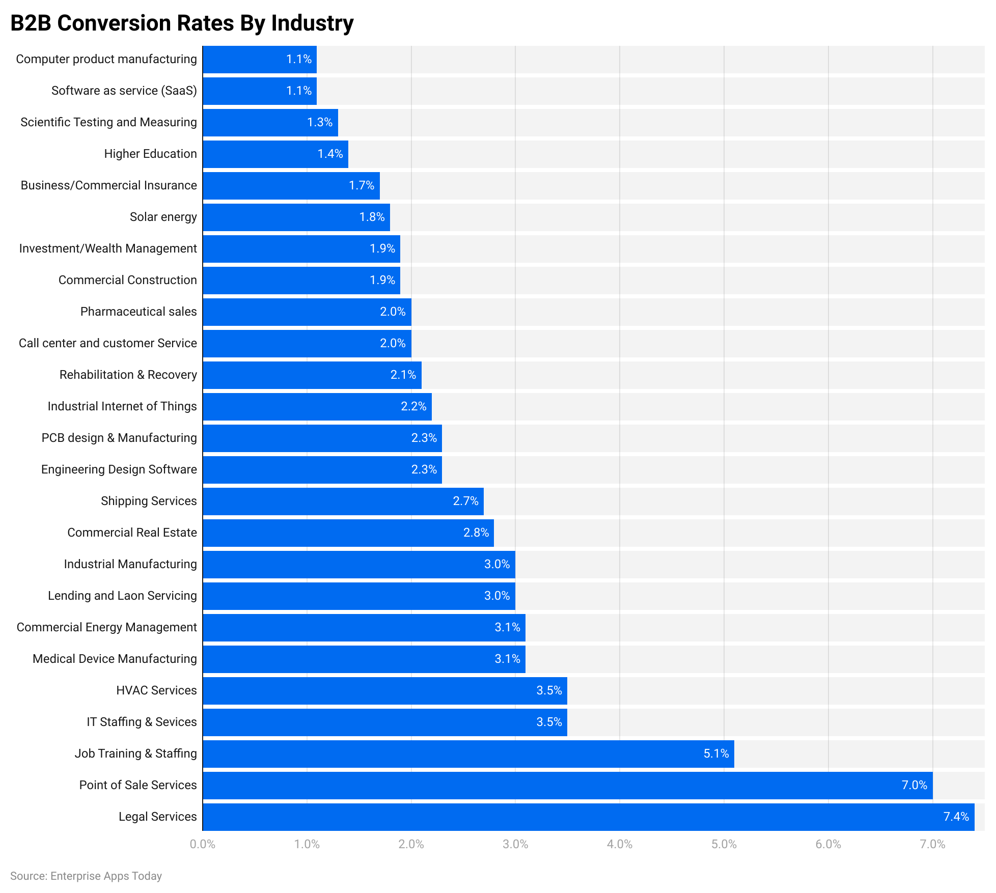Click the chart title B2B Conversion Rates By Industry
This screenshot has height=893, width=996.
pos(182,23)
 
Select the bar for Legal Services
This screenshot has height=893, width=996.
pos(588,817)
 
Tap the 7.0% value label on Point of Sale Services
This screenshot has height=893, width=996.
pos(914,785)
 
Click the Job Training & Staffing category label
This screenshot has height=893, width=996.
pos(135,754)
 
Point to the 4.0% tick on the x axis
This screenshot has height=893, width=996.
pos(619,844)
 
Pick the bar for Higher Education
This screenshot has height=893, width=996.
pos(275,154)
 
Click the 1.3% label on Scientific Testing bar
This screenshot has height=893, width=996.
pos(319,122)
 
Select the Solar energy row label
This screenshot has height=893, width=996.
pos(163,217)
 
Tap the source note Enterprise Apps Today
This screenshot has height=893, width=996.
pos(86,876)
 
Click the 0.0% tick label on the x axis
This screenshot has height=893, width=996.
pos(202,844)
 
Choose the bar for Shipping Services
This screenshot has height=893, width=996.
pos(343,501)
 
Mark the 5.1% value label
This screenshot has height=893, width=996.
pos(716,754)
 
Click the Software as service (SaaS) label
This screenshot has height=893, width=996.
pos(124,91)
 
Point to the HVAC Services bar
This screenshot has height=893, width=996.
pos(384,690)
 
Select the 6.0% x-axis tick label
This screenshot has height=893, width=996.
pos(828,844)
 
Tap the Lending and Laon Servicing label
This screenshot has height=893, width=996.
pos(122,596)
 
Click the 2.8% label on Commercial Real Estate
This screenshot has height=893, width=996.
pos(476,533)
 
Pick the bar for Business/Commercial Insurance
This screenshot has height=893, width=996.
pos(291,185)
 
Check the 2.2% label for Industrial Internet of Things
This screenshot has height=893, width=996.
pos(413,406)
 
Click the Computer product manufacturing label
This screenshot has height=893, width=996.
pos(106,59)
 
